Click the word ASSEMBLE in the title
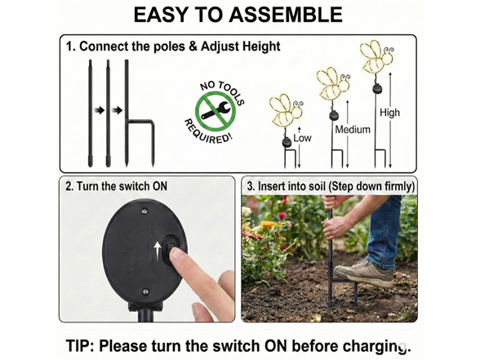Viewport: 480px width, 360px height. click(x=286, y=15)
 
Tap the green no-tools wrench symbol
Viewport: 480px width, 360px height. click(x=216, y=110)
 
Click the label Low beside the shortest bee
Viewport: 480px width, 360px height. click(x=302, y=138)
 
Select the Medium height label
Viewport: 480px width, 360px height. click(x=353, y=130)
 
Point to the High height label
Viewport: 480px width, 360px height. click(x=389, y=113)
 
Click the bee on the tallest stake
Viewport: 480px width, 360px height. click(x=376, y=56)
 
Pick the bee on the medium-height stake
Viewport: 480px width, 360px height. click(x=333, y=82)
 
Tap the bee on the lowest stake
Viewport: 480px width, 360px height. click(x=287, y=110)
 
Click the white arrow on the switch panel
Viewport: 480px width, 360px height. click(x=158, y=250)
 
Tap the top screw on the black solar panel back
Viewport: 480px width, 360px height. click(x=144, y=211)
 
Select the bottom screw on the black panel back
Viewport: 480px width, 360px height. click(x=145, y=291)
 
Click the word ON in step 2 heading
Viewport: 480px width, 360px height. click(x=160, y=186)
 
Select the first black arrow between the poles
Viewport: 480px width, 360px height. click(x=100, y=110)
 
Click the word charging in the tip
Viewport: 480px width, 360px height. click(x=376, y=347)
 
